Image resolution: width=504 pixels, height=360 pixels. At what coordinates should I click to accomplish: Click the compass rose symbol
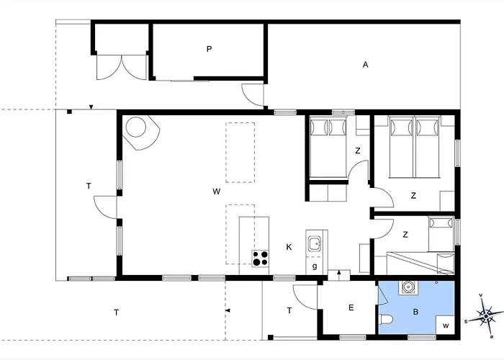486,316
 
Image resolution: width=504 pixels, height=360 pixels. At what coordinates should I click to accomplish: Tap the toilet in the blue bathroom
385,320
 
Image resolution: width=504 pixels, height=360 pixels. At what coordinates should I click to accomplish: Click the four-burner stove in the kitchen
261,258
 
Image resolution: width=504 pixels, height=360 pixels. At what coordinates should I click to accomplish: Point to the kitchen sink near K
315,243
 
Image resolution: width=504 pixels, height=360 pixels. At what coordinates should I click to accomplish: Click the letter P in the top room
210,49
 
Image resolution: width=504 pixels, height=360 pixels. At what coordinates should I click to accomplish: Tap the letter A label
365,65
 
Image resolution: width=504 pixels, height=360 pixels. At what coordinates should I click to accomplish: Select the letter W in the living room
216,192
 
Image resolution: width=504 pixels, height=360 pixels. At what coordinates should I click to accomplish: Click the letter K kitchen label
289,247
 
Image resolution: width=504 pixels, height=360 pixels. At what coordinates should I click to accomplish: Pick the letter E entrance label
351,307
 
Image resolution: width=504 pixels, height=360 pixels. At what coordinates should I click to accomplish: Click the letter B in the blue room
415,312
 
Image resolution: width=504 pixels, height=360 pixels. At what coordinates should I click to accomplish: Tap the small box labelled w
445,325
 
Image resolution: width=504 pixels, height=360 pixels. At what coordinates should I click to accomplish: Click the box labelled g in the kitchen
315,266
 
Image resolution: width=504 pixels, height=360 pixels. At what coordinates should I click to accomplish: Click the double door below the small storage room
122,67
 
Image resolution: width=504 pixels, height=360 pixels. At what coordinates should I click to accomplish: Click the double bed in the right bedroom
414,147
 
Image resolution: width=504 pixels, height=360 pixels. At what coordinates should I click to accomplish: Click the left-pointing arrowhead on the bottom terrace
228,310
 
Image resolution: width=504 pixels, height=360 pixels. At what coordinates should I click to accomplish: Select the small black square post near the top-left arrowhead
69,112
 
